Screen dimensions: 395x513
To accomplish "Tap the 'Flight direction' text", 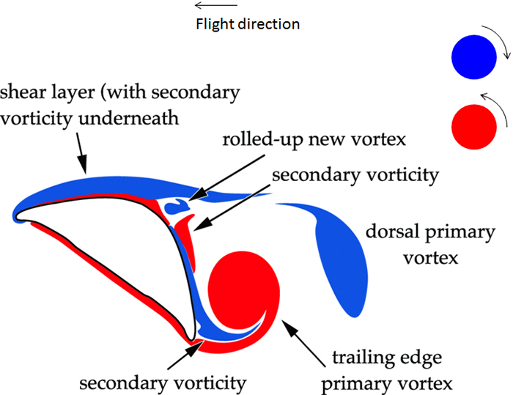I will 248,24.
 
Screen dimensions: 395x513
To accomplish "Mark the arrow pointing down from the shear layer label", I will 81,155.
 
